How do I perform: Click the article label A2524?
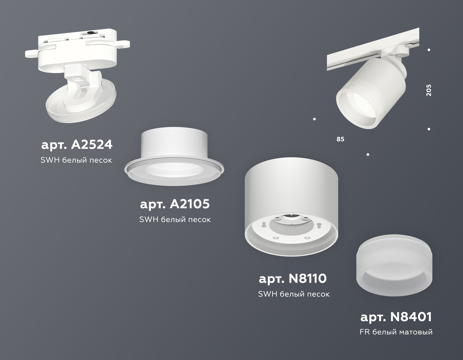pyautogui.click(x=77, y=145)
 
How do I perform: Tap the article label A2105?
pyautogui.click(x=175, y=204)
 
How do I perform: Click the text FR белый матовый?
pyautogui.click(x=396, y=332)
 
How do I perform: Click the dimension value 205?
pyautogui.click(x=429, y=90)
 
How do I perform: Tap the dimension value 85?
pyautogui.click(x=340, y=139)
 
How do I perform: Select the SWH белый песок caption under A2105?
pyautogui.click(x=175, y=219)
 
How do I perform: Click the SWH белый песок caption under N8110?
pyautogui.click(x=293, y=294)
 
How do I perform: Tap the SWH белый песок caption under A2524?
pyautogui.click(x=76, y=160)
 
